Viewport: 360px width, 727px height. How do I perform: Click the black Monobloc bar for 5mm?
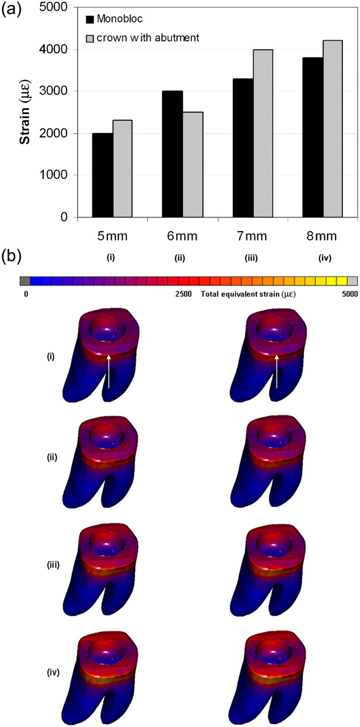[x=102, y=176]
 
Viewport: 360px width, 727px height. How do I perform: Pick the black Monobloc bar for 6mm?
[x=173, y=154]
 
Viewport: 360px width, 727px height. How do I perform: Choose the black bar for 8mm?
[x=313, y=137]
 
